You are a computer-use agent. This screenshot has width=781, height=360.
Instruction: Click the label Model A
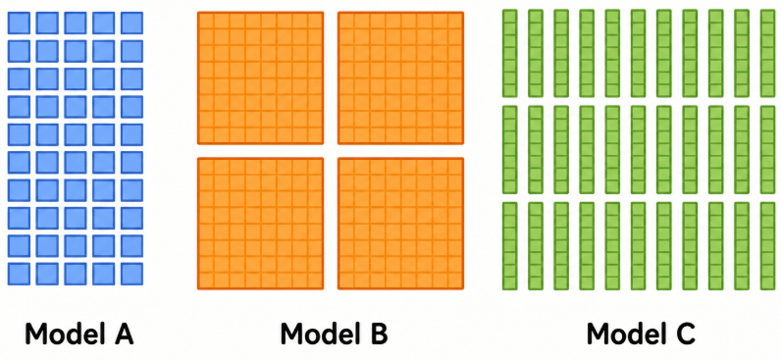point(79,334)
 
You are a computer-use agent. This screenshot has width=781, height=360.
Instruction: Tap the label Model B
point(334,334)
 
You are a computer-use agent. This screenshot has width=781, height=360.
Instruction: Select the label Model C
point(641,334)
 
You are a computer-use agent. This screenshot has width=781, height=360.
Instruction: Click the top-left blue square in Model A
point(19,23)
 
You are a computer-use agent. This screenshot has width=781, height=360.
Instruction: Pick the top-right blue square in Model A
point(132,23)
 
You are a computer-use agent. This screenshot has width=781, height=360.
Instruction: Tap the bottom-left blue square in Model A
point(19,274)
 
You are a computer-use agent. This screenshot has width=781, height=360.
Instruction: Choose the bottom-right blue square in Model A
point(132,274)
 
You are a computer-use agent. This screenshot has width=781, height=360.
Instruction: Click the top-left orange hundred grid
point(261,78)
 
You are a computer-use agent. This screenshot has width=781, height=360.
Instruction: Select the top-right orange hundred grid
point(401,78)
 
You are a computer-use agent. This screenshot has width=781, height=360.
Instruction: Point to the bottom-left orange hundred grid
point(261,224)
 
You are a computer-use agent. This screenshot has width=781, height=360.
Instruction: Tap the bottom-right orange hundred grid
point(401,224)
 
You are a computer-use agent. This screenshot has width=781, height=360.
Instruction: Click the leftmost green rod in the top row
point(509,53)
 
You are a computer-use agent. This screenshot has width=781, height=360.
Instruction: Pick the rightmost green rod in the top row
point(767,53)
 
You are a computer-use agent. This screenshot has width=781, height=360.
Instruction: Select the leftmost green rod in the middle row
point(509,150)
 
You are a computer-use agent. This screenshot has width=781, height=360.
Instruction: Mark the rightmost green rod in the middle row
point(767,150)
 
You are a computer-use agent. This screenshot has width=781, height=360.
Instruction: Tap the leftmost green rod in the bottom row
point(509,246)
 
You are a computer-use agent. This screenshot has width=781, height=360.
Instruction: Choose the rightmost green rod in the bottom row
point(767,246)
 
